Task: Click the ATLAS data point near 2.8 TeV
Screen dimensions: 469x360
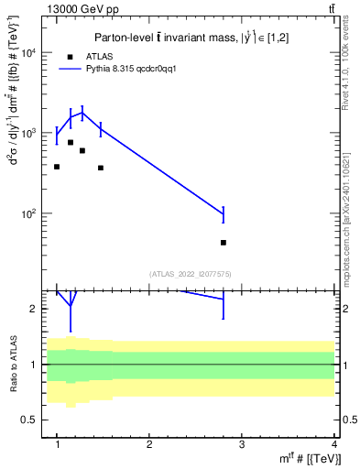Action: click(x=224, y=243)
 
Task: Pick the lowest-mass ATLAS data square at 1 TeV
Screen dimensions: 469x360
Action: click(x=57, y=167)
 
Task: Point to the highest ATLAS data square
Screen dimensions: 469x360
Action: click(x=71, y=142)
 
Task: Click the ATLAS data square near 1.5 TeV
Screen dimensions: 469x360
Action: click(x=101, y=168)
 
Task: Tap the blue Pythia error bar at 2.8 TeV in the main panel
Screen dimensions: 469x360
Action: click(x=224, y=215)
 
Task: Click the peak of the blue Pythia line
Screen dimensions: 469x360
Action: click(x=82, y=113)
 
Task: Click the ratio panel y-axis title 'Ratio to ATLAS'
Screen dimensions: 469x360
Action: click(x=12, y=365)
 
